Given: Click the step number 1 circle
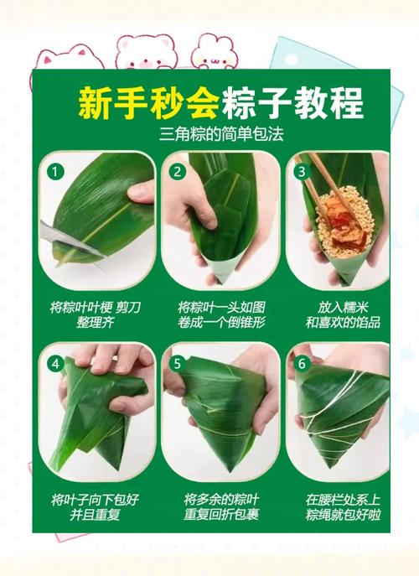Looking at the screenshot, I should (x=55, y=172).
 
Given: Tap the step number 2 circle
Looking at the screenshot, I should (x=178, y=172).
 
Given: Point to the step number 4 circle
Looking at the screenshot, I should (x=55, y=364).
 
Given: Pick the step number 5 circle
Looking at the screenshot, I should (x=178, y=364).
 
